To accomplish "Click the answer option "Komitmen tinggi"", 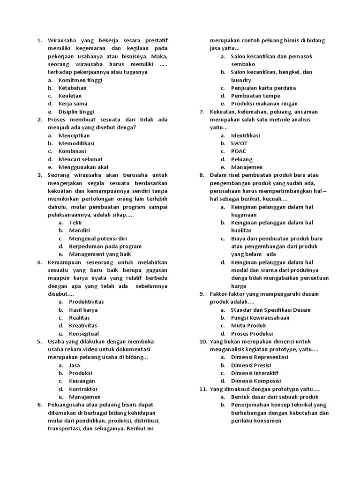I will point(80,80).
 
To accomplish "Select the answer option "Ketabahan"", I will point(72,88).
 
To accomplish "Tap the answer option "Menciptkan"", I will point(74,135).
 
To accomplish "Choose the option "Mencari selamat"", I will point(80,159).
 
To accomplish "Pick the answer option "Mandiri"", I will point(79,231).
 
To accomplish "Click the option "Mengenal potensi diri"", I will point(98,239).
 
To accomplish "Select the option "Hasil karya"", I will point(83,310).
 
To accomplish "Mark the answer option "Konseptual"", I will point(84,334).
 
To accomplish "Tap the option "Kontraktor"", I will point(83,389).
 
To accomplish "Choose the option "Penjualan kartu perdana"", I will point(263,88).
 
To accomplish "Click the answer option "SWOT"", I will point(239,143).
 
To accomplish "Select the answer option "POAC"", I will point(238,151).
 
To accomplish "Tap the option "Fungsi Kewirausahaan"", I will point(260,318).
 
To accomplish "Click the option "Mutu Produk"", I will point(248,326).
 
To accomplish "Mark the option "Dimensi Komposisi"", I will point(256,381).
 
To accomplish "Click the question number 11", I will point(203,389).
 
